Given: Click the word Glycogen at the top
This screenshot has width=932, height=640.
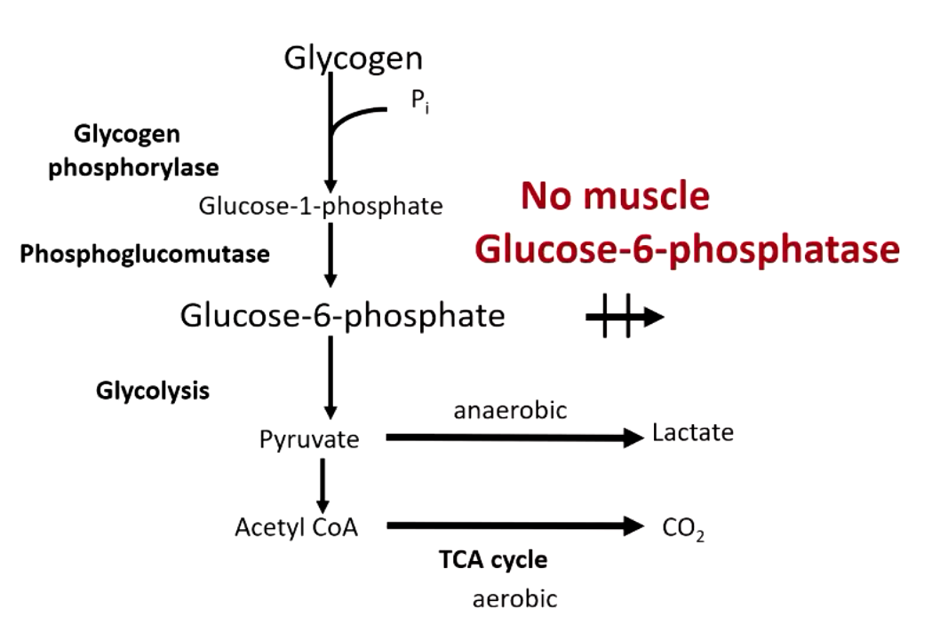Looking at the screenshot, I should coord(353,59).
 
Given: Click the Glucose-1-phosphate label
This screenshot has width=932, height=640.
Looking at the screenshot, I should coord(321,207).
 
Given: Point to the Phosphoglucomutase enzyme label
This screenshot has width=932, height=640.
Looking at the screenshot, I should coord(145,255).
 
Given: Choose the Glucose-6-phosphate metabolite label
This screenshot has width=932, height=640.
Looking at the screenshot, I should coord(342,315).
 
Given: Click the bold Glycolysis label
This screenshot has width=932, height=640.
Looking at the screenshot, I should coord(153,391).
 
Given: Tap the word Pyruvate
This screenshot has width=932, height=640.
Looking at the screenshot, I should coord(309,439).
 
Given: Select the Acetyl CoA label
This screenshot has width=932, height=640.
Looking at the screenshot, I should coord(297,527).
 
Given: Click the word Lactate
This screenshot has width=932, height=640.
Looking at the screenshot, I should coord(693,433).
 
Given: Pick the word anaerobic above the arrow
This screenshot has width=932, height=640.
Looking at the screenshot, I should coord(510,410).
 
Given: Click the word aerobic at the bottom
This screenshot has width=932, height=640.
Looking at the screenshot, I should coord(514,599).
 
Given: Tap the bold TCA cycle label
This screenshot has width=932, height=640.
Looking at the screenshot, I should coord(493,560).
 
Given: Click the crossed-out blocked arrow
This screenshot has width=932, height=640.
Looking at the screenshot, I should coord(625,317).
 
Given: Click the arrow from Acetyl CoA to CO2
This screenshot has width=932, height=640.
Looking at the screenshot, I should coord(515,526).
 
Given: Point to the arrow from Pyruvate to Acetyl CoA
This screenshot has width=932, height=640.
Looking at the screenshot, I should coord(323,484).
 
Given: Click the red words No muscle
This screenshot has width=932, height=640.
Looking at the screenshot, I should coord(615,196).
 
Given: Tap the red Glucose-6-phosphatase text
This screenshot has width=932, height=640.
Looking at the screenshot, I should coord(687,251).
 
